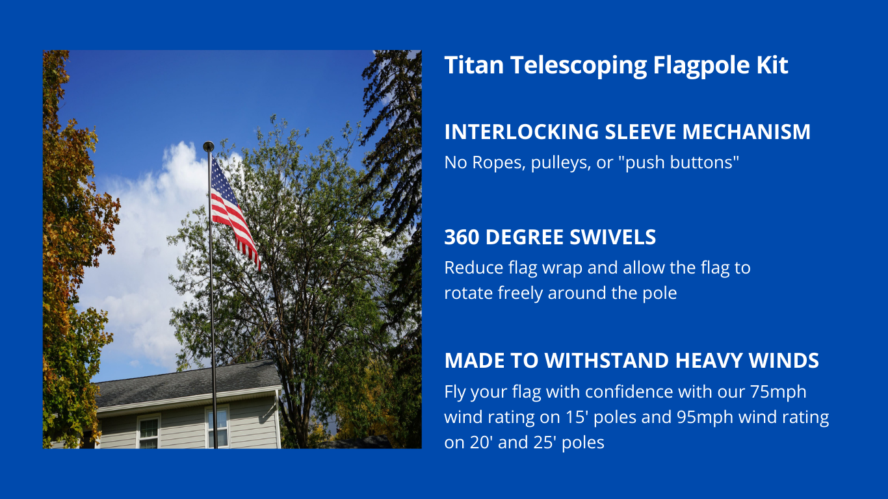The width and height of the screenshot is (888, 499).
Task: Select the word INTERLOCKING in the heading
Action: click(521, 132)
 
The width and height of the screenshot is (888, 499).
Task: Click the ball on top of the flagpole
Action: click(208, 146)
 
